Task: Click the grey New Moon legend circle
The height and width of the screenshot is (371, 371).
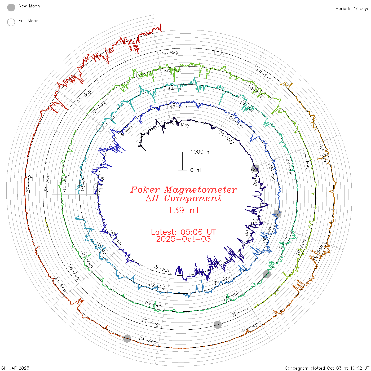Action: click(11, 7)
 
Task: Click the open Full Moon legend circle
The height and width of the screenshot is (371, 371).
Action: click(11, 22)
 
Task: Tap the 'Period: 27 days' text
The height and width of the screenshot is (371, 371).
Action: click(352, 9)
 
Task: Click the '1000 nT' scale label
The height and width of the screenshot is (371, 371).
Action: click(201, 152)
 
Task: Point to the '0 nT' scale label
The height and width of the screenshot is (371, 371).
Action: click(196, 170)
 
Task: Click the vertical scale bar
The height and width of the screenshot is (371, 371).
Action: click(182, 161)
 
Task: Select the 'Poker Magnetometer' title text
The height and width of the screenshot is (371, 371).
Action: click(183, 190)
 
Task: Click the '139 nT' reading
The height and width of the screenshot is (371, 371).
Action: click(183, 210)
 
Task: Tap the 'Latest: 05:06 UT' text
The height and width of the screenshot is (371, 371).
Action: click(183, 232)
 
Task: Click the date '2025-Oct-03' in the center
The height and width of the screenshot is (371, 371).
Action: click(183, 239)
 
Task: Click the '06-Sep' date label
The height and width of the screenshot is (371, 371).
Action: click(169, 53)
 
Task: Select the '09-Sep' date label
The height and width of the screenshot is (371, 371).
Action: click(264, 74)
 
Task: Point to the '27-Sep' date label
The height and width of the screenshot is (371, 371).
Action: click(29, 184)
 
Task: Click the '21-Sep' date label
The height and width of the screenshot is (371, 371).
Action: click(148, 341)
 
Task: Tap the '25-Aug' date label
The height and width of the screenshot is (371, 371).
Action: click(150, 322)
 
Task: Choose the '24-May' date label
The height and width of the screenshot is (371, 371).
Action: click(226, 137)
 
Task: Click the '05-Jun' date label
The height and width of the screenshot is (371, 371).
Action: click(161, 268)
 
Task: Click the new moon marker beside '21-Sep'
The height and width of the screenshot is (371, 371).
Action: click(127, 338)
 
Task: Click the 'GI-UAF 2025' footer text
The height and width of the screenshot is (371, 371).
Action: click(15, 368)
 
